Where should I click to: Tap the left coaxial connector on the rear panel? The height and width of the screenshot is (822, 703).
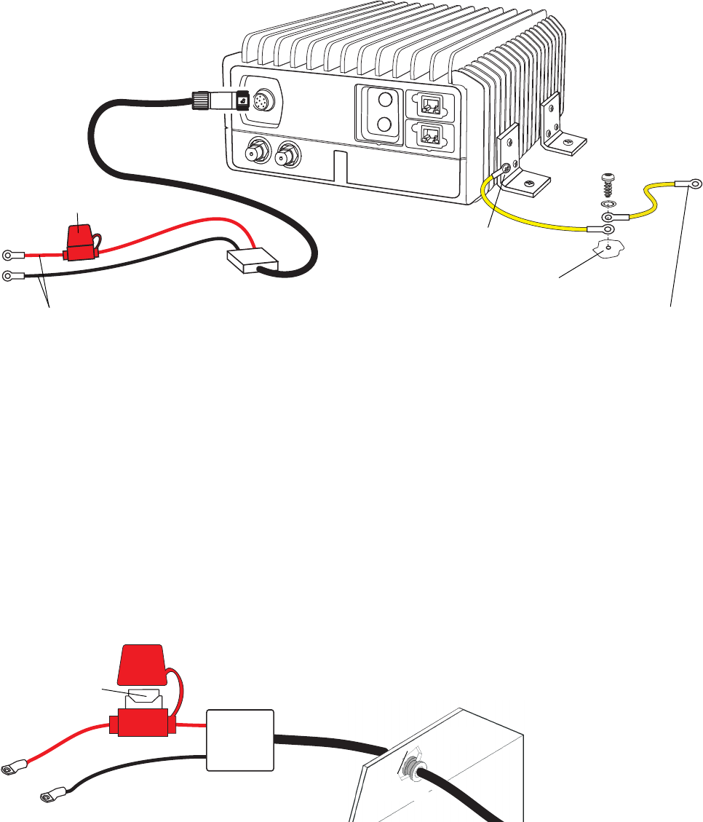click(258, 154)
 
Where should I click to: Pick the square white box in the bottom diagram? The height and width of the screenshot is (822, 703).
click(241, 740)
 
